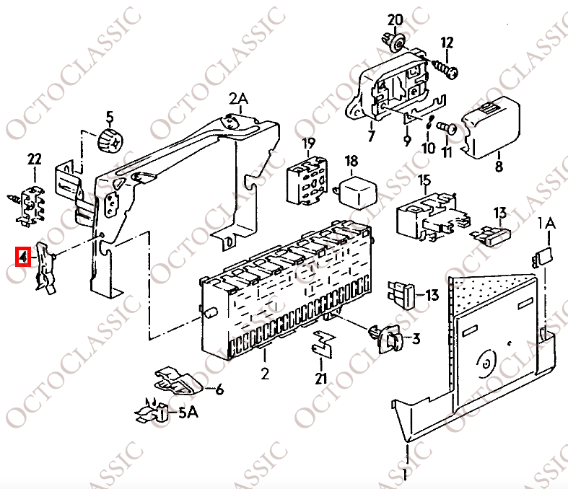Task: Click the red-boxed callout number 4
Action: [23, 257]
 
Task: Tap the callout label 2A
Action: [238, 98]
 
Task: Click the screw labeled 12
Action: [445, 69]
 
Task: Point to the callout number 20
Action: [395, 19]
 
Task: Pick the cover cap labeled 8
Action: [491, 128]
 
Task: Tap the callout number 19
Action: [309, 144]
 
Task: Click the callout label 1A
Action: [546, 224]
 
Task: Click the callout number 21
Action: [320, 379]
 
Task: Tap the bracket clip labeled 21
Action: [323, 343]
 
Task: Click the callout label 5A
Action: [188, 413]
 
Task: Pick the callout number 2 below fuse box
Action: [265, 373]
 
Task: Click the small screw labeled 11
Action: [446, 128]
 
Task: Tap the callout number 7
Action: [371, 136]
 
